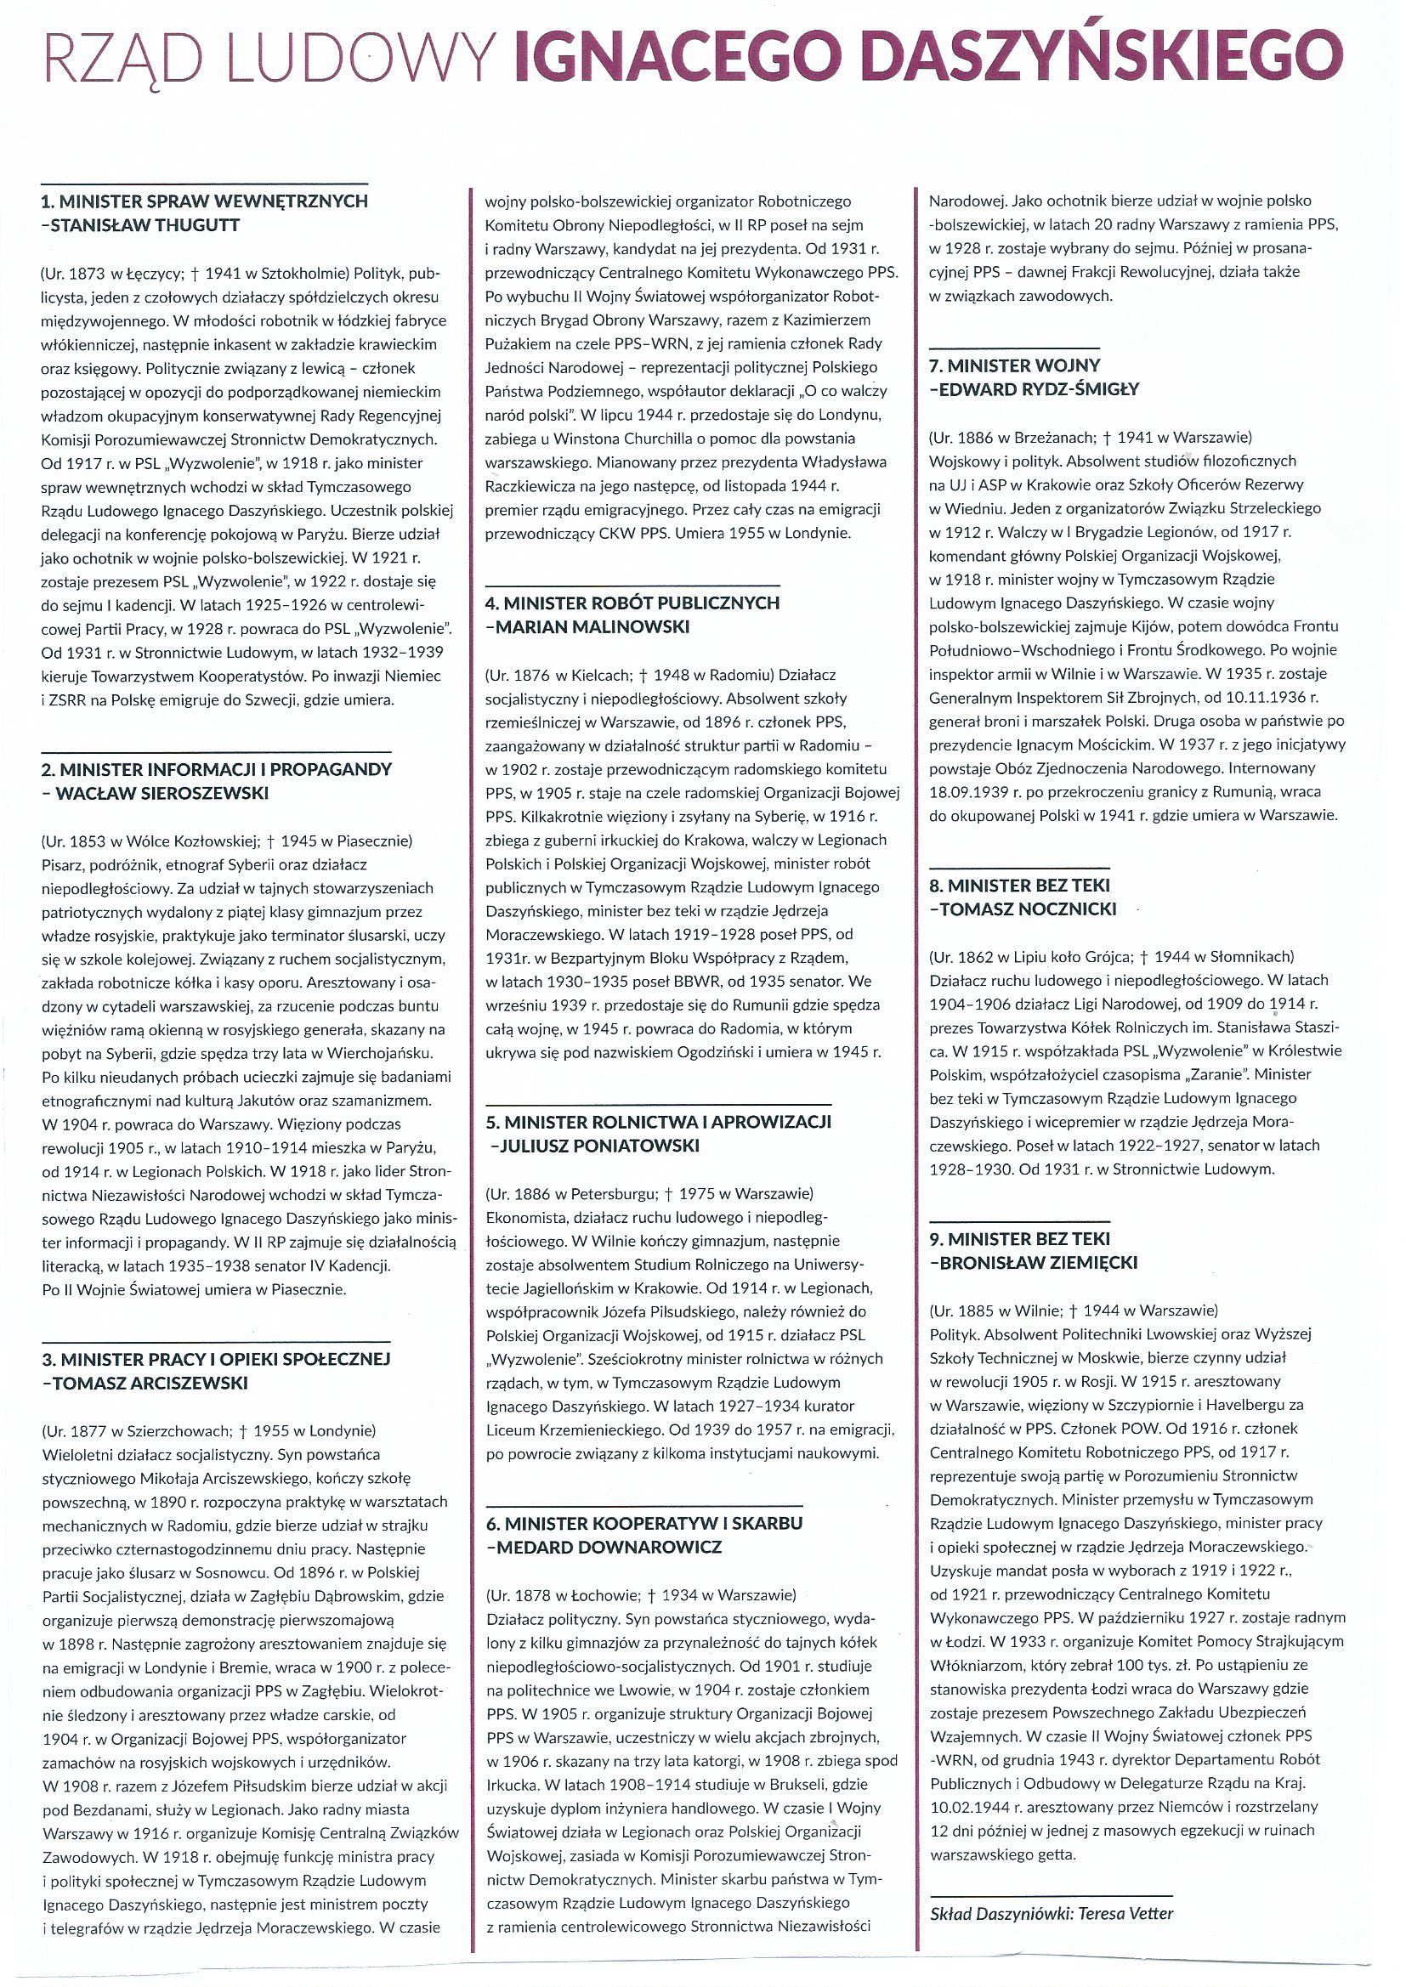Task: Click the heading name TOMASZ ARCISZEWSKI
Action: click(x=150, y=1383)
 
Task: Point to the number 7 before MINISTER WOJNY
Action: click(x=934, y=365)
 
